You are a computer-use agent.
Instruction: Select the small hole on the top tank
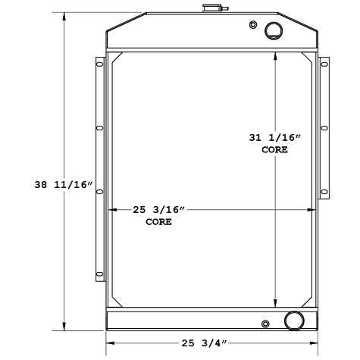[252, 25]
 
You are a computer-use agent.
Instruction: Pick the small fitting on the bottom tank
[265, 324]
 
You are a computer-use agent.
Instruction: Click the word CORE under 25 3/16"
[158, 222]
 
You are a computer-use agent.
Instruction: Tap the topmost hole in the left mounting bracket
[99, 66]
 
